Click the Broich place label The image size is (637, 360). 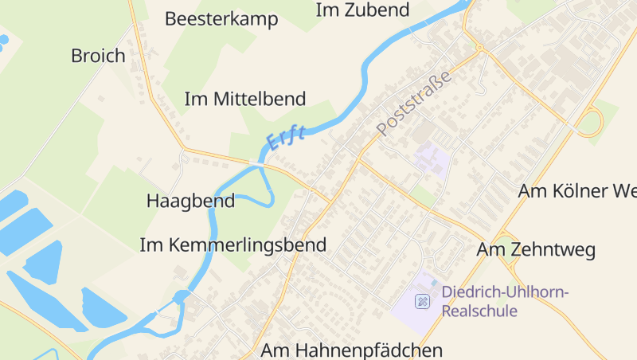(98, 56)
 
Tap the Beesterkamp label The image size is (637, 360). (221, 19)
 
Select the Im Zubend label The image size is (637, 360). (362, 10)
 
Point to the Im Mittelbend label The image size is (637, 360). (244, 99)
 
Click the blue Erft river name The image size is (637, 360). (286, 139)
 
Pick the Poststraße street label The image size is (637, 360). (414, 102)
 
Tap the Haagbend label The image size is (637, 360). (190, 201)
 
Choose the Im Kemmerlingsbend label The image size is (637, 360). (233, 245)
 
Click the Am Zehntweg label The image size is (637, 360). (536, 250)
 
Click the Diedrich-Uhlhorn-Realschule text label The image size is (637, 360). (505, 301)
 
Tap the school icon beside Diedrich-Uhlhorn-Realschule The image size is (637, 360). (422, 301)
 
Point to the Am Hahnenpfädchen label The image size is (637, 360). (351, 350)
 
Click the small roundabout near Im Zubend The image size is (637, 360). (479, 48)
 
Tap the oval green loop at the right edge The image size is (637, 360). (590, 123)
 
